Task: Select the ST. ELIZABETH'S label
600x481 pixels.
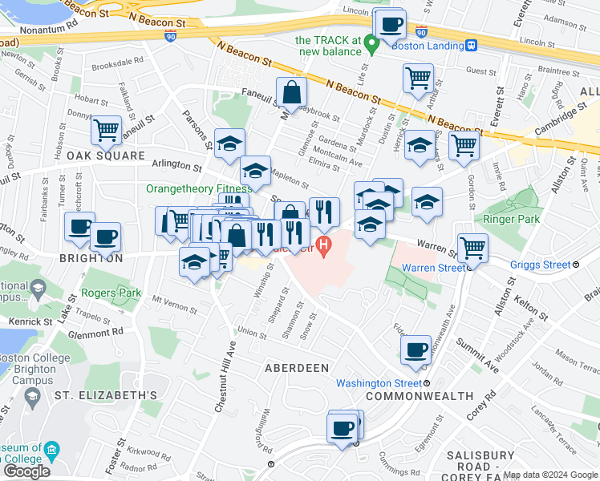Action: pos(105,395)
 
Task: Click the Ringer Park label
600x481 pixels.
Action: pos(513,218)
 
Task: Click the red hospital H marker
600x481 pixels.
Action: pos(323,246)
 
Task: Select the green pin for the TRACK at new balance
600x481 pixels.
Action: pos(371,45)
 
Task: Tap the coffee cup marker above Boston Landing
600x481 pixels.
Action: pos(391,25)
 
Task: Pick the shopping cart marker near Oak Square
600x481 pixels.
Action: pos(106,131)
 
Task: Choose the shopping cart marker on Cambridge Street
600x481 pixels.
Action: pos(464,147)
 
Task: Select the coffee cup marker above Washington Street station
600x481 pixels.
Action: pos(416,350)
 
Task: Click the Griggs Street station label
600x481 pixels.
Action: pos(541,265)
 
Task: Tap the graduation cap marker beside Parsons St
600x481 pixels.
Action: pos(229,144)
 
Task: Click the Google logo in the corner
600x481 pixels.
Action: pos(26,471)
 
